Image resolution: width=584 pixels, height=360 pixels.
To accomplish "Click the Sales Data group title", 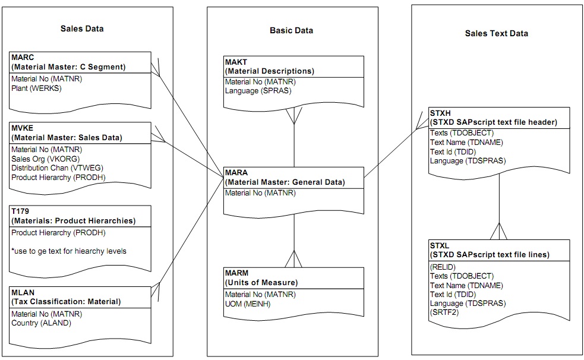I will click(x=82, y=29).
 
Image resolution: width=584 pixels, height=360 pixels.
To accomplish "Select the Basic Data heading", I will click(x=291, y=30).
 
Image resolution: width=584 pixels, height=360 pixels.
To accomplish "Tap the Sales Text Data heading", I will click(x=496, y=33).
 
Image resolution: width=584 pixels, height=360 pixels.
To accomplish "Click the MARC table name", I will click(x=23, y=58).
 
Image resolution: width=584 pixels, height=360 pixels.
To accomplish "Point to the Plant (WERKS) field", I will click(x=36, y=88).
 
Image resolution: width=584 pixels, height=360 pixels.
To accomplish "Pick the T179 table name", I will click(x=21, y=211).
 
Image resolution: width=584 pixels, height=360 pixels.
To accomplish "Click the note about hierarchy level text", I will click(x=68, y=251).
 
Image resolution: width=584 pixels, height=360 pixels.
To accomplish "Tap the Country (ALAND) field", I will click(x=41, y=323).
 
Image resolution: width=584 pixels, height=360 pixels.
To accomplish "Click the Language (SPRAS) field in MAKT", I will click(x=258, y=91).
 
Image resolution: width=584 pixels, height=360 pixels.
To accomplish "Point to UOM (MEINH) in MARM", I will click(x=251, y=304).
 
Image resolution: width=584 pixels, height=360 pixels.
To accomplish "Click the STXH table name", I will click(x=440, y=113).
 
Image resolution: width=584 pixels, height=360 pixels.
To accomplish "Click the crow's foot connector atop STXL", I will click(x=499, y=230).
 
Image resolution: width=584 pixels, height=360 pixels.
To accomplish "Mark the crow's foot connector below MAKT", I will click(x=295, y=116).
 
